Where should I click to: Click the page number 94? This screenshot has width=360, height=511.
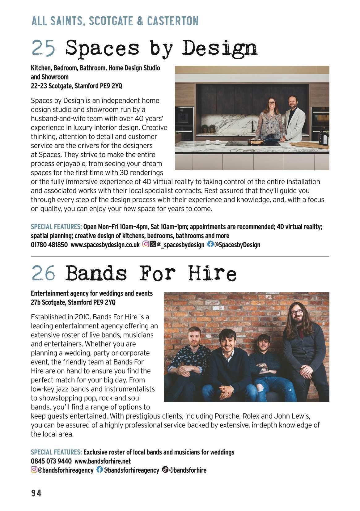(36, 493)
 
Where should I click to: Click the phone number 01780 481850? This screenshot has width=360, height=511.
(49, 245)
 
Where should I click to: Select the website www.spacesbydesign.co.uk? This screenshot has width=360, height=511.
(105, 245)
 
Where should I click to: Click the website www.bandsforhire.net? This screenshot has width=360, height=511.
(103, 461)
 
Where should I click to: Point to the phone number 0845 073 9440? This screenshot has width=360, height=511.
(51, 461)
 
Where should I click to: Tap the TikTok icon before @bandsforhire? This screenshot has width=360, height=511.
(165, 470)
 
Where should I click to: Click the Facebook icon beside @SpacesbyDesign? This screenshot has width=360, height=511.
(210, 244)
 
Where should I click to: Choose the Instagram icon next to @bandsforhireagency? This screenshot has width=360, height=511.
(34, 470)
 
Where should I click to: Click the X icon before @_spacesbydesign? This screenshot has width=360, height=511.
(153, 244)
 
